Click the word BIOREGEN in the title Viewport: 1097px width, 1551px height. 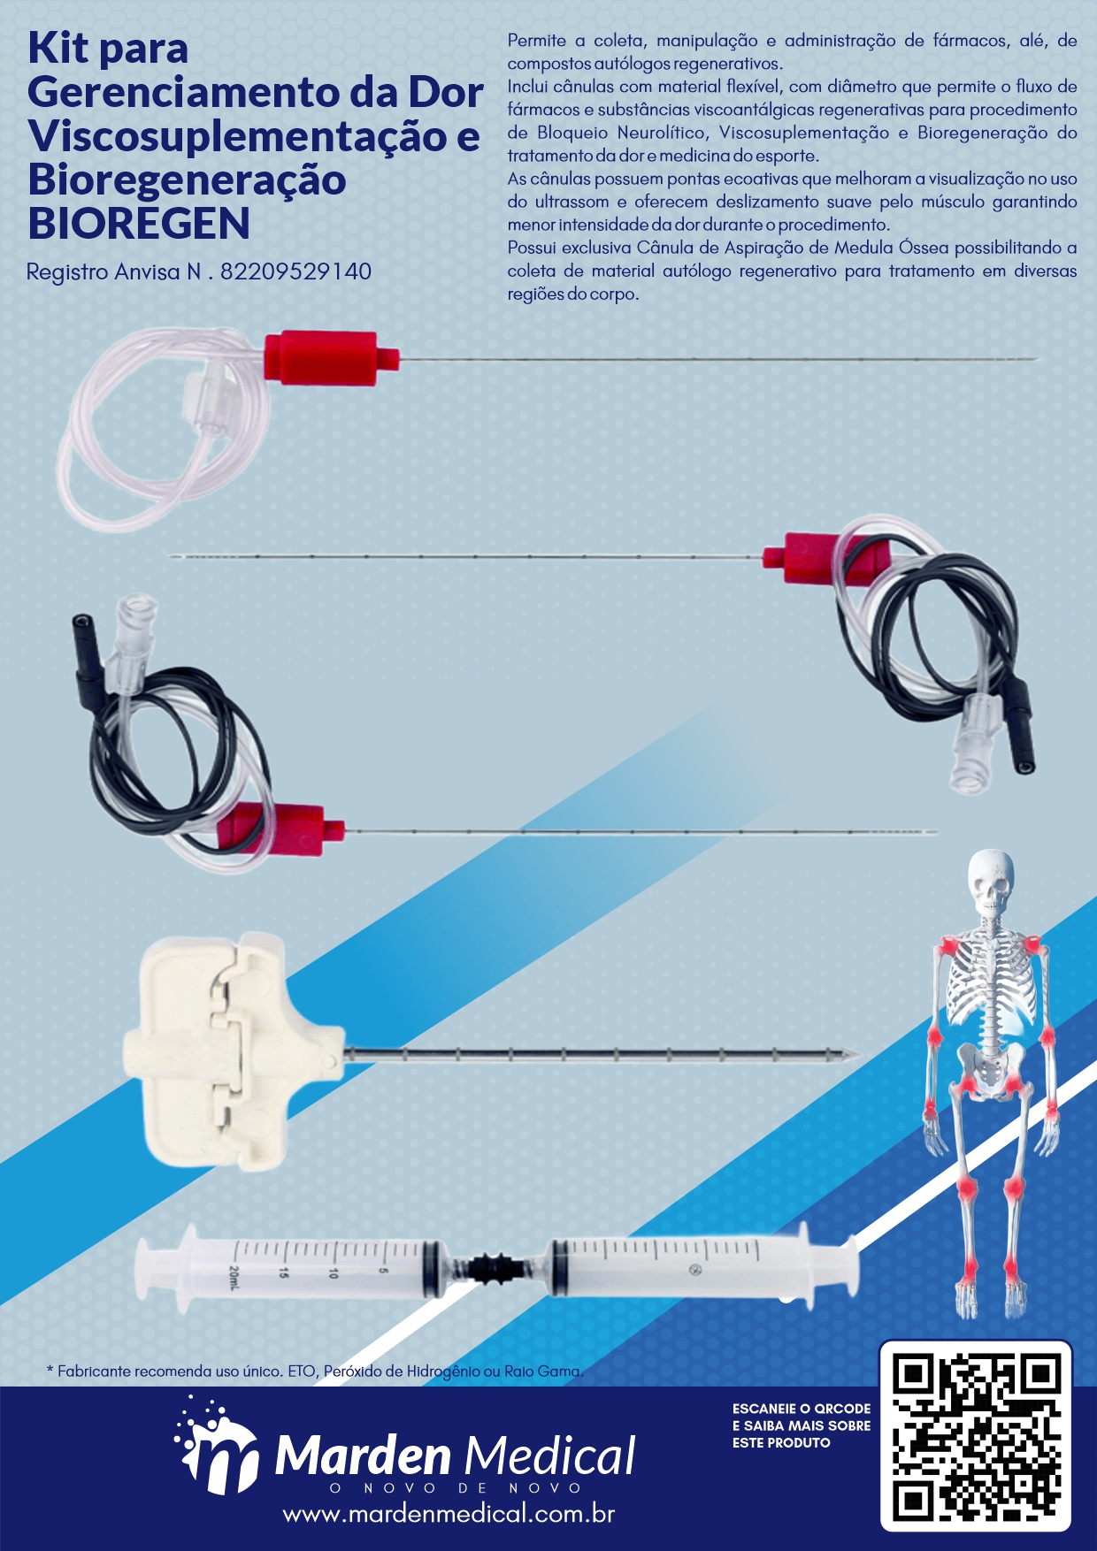click(x=139, y=223)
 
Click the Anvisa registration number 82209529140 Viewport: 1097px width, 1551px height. click(x=295, y=271)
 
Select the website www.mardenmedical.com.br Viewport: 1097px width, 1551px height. click(x=449, y=1514)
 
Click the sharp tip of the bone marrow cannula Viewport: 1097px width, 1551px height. click(x=859, y=1053)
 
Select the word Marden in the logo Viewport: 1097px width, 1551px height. click(x=363, y=1455)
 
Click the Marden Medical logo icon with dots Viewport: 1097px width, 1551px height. click(x=216, y=1446)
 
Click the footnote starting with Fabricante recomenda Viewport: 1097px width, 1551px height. click(x=315, y=1371)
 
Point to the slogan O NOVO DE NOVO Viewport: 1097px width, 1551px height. click(x=456, y=1488)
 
